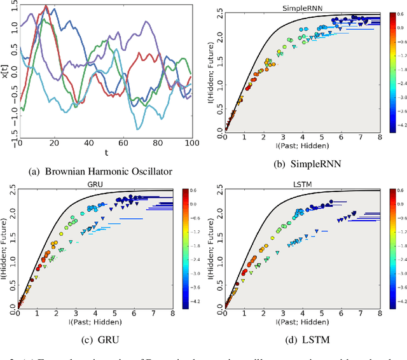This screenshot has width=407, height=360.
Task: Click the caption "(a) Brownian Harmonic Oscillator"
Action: (x=100, y=170)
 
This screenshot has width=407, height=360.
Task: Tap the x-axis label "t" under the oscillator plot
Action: (x=106, y=153)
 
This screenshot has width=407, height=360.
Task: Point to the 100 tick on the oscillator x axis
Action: (x=191, y=144)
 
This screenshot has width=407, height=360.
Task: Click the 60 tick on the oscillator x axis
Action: (x=122, y=144)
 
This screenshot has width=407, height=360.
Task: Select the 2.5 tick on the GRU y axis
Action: (x=9, y=190)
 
